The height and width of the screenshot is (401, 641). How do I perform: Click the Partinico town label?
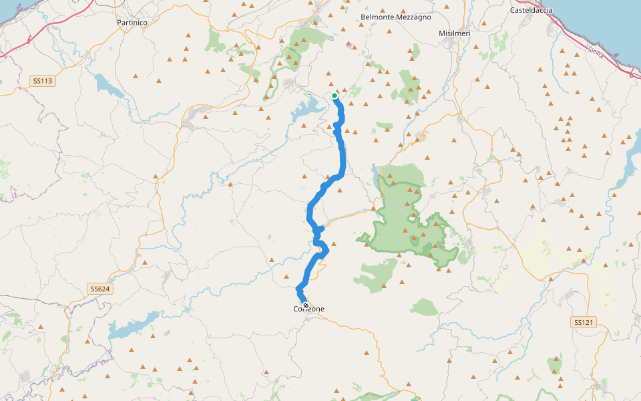pyautogui.click(x=132, y=22)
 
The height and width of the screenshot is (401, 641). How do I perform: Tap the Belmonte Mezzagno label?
pyautogui.click(x=395, y=17)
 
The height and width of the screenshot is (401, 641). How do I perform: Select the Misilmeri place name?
pyautogui.click(x=455, y=33)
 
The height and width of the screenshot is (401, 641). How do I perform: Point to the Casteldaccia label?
pyautogui.click(x=531, y=10)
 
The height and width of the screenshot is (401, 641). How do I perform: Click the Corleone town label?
pyautogui.click(x=308, y=309)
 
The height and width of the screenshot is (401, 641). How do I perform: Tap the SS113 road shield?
pyautogui.click(x=42, y=81)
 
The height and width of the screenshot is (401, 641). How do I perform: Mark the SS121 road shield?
pyautogui.click(x=583, y=322)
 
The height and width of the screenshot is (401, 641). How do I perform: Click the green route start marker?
pyautogui.click(x=335, y=96)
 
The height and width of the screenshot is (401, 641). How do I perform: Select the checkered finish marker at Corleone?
pyautogui.click(x=306, y=305)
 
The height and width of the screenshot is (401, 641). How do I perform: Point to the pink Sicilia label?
pyautogui.click(x=595, y=52)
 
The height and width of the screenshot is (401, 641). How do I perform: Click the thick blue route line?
pyautogui.click(x=342, y=157)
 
